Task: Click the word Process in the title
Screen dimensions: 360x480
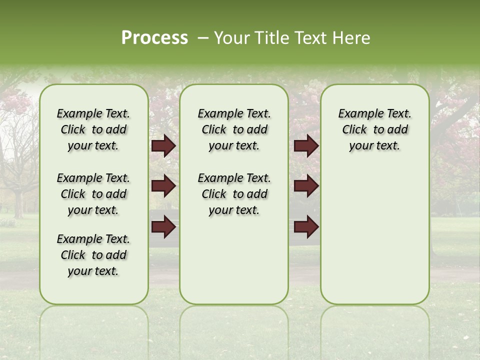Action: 154,38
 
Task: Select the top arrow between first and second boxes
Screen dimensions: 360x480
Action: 163,146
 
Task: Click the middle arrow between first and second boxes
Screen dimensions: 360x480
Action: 163,186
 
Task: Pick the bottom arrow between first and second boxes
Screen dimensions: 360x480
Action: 163,227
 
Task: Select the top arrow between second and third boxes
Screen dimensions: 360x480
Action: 306,146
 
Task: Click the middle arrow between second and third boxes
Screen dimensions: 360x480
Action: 306,186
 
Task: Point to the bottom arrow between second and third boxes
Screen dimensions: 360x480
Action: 306,227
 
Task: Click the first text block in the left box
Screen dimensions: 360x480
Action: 93,129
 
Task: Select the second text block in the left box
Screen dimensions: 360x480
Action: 93,194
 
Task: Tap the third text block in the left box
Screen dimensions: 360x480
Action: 93,255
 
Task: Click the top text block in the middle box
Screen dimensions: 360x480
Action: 234,129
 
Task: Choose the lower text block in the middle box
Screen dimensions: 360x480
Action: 234,194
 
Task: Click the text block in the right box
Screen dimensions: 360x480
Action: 374,129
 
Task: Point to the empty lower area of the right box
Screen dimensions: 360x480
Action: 374,235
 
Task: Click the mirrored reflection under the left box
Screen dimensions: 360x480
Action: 94,330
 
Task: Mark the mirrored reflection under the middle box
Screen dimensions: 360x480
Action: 234,330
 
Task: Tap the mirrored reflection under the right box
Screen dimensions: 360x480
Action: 374,330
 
